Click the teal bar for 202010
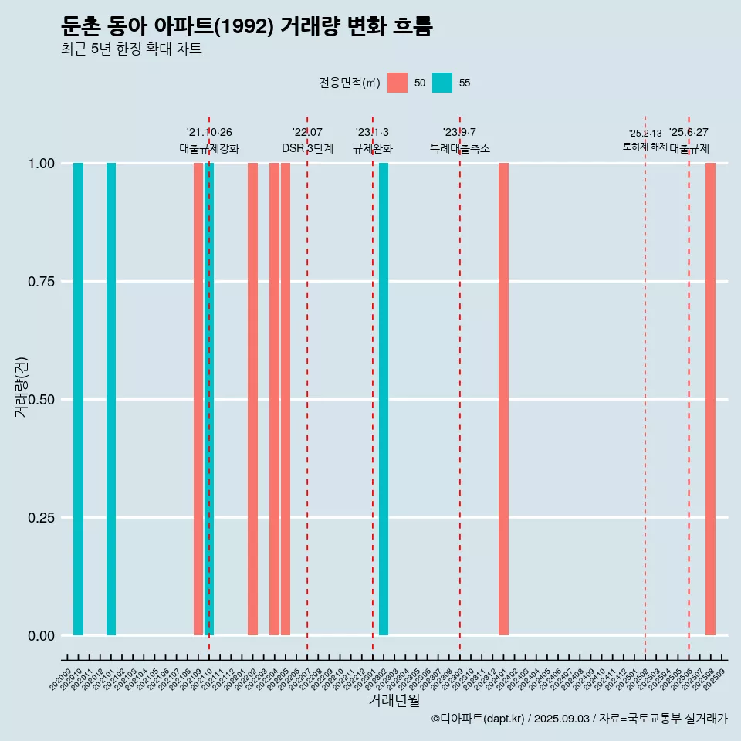pyautogui.click(x=78, y=399)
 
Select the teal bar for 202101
pyautogui.click(x=111, y=399)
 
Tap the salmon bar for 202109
pyautogui.click(x=198, y=399)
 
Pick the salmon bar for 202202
pyautogui.click(x=252, y=399)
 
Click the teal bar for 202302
pyautogui.click(x=384, y=399)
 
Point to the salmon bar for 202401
pyautogui.click(x=503, y=399)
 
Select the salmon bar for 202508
pyautogui.click(x=710, y=399)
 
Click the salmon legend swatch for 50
pyautogui.click(x=398, y=83)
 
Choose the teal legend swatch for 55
pyautogui.click(x=442, y=83)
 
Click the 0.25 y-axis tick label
pyautogui.click(x=40, y=518)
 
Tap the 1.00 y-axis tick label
pyautogui.click(x=40, y=164)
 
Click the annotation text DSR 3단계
pyautogui.click(x=307, y=148)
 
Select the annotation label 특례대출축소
pyautogui.click(x=460, y=148)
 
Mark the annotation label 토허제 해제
pyautogui.click(x=645, y=147)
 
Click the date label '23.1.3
pyautogui.click(x=372, y=133)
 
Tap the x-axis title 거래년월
pyautogui.click(x=394, y=700)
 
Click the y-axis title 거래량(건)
pyautogui.click(x=21, y=386)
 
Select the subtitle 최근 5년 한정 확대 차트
pyautogui.click(x=131, y=49)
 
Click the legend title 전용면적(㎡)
pyautogui.click(x=349, y=83)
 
